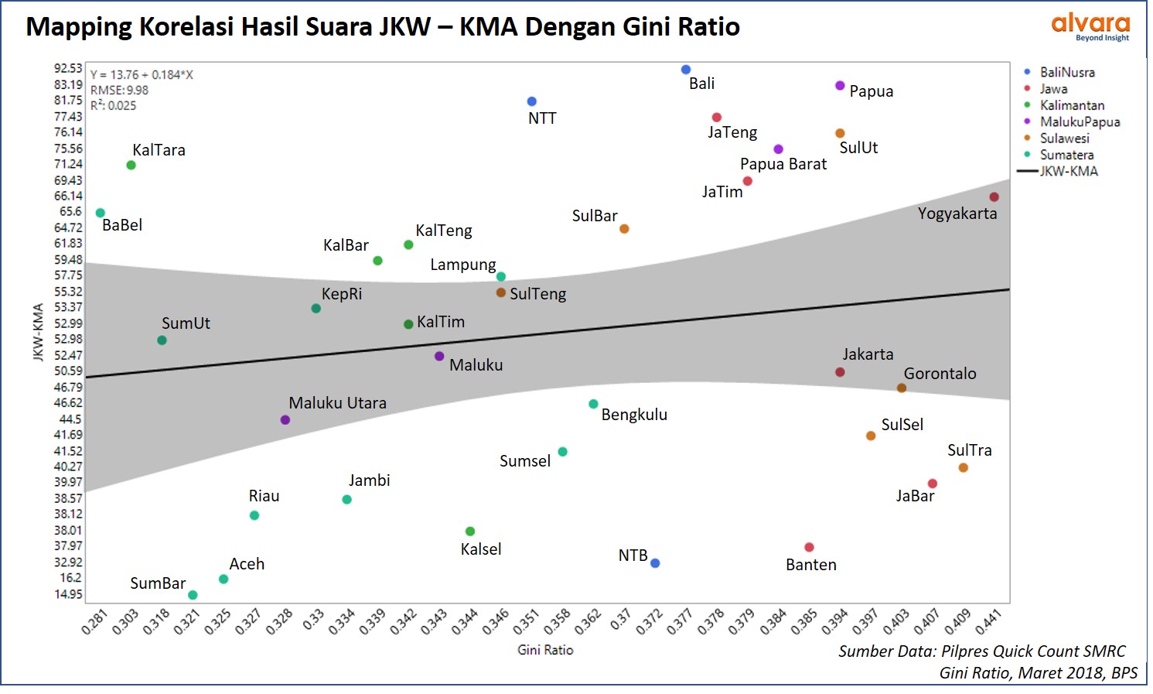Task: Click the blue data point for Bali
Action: click(x=686, y=70)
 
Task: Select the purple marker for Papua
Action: click(x=840, y=85)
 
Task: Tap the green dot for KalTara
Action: click(x=131, y=165)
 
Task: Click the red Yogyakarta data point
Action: click(x=994, y=197)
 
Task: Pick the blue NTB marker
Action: click(x=655, y=563)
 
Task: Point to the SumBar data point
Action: click(x=193, y=595)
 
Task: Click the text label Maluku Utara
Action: click(x=337, y=403)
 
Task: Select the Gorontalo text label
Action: click(x=940, y=374)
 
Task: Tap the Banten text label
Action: click(x=810, y=565)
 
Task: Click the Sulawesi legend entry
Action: click(x=1064, y=138)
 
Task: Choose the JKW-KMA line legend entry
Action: click(x=1068, y=171)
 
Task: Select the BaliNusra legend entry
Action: click(x=1066, y=72)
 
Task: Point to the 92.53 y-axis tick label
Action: click(x=68, y=68)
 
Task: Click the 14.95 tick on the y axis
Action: click(x=68, y=594)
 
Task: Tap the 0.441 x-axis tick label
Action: click(x=988, y=622)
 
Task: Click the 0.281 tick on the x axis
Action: click(x=94, y=622)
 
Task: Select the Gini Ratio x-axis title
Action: click(x=545, y=650)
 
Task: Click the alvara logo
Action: click(x=1090, y=26)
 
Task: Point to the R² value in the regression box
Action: click(x=113, y=105)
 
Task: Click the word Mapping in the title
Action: click(x=79, y=27)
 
